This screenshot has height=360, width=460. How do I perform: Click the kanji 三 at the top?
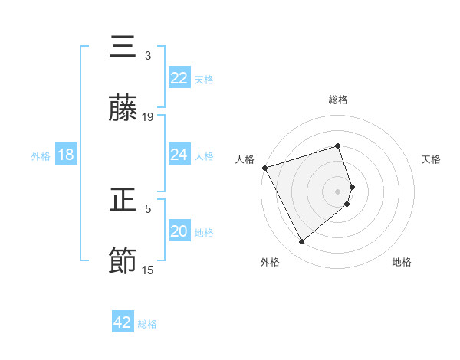pos(123,47)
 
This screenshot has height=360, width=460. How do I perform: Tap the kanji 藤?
pos(123,109)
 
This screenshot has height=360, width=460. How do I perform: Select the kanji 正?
pos(123,201)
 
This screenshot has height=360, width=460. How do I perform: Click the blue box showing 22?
pos(179,78)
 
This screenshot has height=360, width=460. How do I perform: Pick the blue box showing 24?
pos(179,155)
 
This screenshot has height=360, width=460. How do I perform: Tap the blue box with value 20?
pos(179,231)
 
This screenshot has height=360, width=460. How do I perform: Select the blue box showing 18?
pos(66,155)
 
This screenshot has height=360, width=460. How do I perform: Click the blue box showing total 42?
pos(123,322)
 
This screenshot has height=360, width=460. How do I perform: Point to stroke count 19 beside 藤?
pos(148,116)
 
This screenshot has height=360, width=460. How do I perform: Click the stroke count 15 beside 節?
pos(148,270)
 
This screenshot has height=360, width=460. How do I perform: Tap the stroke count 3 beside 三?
pos(148,55)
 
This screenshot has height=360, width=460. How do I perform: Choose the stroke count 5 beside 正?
pos(148,208)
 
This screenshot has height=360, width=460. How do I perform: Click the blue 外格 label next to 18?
pos(41,155)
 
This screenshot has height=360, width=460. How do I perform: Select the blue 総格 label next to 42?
pos(147,323)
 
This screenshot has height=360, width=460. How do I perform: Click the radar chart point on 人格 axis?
pos(264,168)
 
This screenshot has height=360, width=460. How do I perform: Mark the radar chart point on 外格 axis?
pos(301,242)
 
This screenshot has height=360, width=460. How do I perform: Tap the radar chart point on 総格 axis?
pos(337,146)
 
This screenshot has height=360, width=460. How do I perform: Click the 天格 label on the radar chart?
pos(431,159)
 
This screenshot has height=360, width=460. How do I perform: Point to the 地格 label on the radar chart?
pos(402,262)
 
